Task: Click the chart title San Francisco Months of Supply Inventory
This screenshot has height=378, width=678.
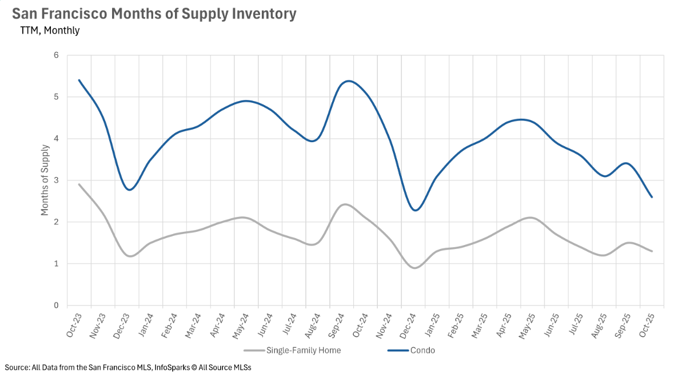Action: click(154, 14)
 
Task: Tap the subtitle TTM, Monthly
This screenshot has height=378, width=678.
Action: click(50, 31)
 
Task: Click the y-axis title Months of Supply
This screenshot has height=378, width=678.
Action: click(45, 180)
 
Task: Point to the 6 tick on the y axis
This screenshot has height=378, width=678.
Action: click(56, 55)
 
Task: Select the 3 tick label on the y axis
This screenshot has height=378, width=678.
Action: click(56, 180)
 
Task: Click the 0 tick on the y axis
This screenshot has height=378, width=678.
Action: click(56, 305)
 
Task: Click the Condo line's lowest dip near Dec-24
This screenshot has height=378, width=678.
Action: click(416, 210)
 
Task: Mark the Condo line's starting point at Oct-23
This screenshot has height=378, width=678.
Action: click(79, 80)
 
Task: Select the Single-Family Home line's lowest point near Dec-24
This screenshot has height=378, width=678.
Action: click(415, 268)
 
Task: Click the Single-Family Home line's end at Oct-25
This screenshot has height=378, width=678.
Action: click(652, 251)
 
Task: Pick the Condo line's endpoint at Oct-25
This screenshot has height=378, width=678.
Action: click(652, 197)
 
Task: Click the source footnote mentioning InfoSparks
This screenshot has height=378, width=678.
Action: click(128, 367)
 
